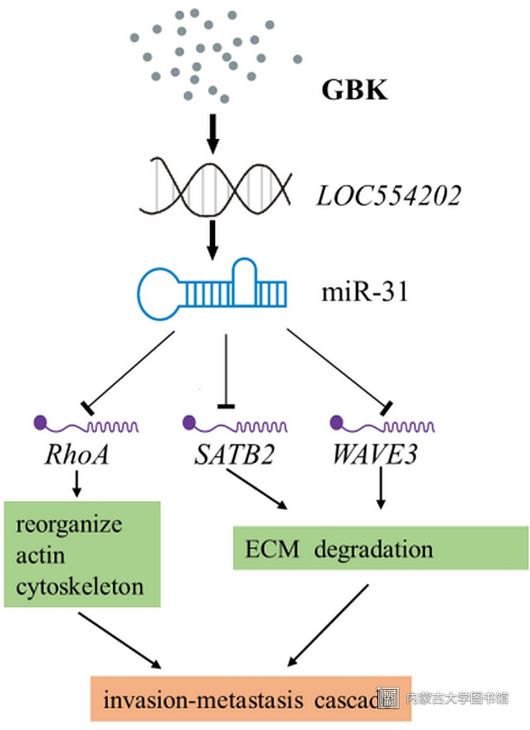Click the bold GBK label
[x=355, y=91]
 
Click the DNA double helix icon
[x=214, y=184]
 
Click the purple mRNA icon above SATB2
[x=236, y=424]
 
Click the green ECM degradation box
[x=380, y=548]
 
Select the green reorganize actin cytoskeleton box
[x=82, y=554]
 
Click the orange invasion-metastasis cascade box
[x=250, y=699]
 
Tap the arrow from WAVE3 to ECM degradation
[x=381, y=487]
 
